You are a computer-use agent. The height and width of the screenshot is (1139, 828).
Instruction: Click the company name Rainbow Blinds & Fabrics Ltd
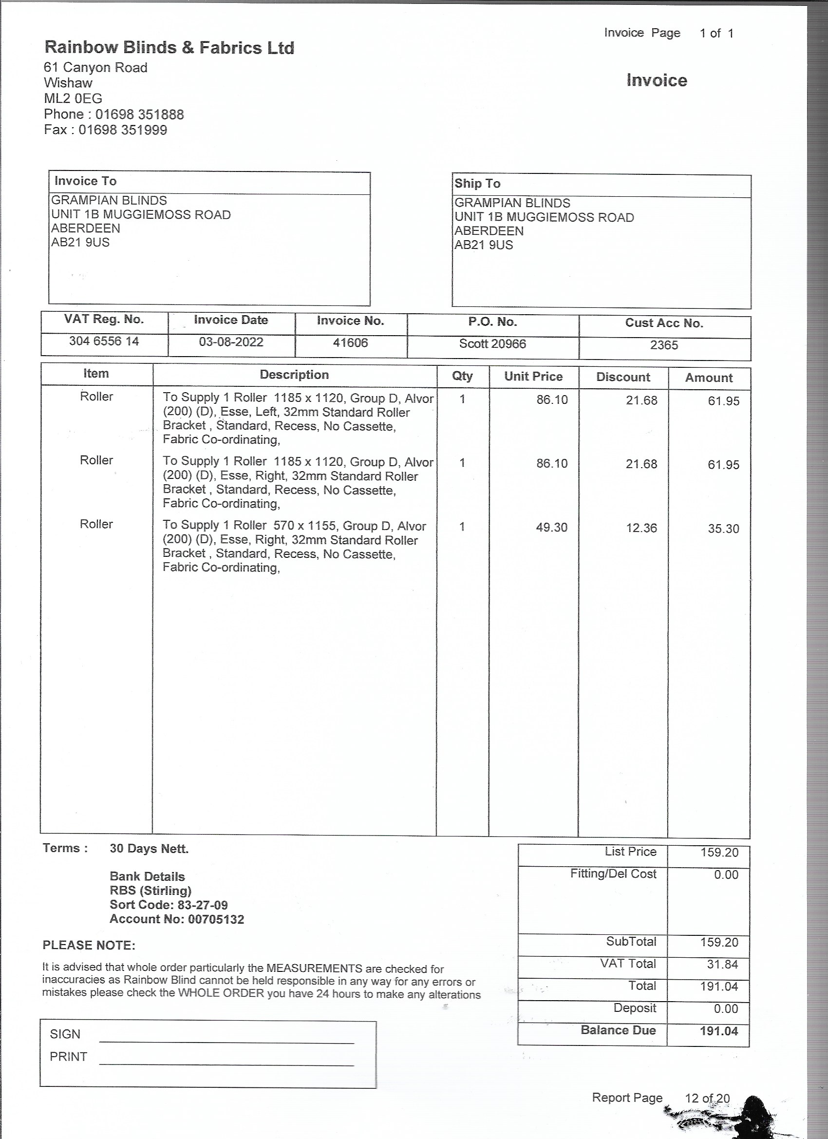coord(169,48)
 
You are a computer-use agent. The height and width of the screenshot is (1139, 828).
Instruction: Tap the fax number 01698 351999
coord(123,130)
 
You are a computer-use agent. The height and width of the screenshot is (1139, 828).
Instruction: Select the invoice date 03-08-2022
coord(231,342)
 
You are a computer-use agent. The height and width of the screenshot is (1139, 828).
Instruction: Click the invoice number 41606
coord(351,343)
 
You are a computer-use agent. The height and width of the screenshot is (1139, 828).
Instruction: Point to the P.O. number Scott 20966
coord(492,344)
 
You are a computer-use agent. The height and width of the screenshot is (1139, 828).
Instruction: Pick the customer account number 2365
coord(664,345)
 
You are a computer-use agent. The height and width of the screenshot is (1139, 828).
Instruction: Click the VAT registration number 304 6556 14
coord(104,342)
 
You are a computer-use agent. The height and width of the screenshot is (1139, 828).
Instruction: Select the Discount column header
coord(622,377)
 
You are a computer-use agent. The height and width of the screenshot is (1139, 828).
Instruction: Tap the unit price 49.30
coord(551,527)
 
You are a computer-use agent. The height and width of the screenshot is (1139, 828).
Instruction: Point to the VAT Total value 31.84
coord(722,964)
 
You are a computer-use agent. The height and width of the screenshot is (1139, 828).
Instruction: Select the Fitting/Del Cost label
coord(613,874)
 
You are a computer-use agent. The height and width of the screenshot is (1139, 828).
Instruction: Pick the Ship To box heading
coord(477,184)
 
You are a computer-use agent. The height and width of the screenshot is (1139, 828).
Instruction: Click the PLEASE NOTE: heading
coord(89,945)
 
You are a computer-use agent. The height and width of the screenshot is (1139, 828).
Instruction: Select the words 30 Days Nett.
coord(149,849)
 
